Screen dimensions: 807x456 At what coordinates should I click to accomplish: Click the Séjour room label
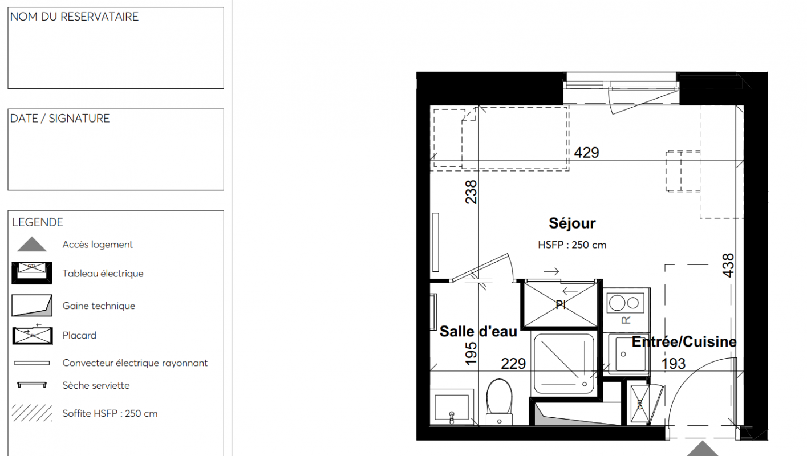pyautogui.click(x=572, y=223)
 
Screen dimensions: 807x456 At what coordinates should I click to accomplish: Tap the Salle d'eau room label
pyautogui.click(x=478, y=331)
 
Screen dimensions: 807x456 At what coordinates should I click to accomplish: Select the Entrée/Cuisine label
pyautogui.click(x=684, y=342)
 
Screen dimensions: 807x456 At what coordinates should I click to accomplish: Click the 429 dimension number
pyautogui.click(x=586, y=153)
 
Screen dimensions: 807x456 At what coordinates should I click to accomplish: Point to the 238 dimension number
pyautogui.click(x=471, y=192)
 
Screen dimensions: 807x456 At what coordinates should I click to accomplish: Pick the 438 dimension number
pyautogui.click(x=728, y=266)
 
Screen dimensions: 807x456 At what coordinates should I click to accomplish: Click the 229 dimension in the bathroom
pyautogui.click(x=513, y=364)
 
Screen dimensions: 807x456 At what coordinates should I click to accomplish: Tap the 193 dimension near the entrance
pyautogui.click(x=674, y=364)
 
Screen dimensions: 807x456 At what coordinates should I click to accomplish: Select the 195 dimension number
pyautogui.click(x=471, y=354)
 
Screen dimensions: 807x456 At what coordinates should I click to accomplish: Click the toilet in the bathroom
pyautogui.click(x=500, y=402)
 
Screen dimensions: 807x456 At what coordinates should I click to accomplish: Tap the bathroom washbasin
pyautogui.click(x=452, y=407)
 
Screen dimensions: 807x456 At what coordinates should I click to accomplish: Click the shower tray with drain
pyautogui.click(x=564, y=364)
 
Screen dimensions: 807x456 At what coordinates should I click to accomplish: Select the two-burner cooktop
pyautogui.click(x=626, y=303)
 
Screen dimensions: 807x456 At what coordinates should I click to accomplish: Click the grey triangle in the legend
pyautogui.click(x=32, y=244)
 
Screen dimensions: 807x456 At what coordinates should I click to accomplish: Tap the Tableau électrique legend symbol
pyautogui.click(x=32, y=273)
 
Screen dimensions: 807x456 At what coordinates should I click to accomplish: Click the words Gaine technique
pyautogui.click(x=99, y=306)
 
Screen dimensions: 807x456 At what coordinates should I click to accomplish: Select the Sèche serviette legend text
pyautogui.click(x=96, y=385)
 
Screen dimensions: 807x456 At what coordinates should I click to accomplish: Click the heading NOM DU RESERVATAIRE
pyautogui.click(x=74, y=17)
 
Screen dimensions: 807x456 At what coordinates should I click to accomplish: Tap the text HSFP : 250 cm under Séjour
pyautogui.click(x=572, y=245)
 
